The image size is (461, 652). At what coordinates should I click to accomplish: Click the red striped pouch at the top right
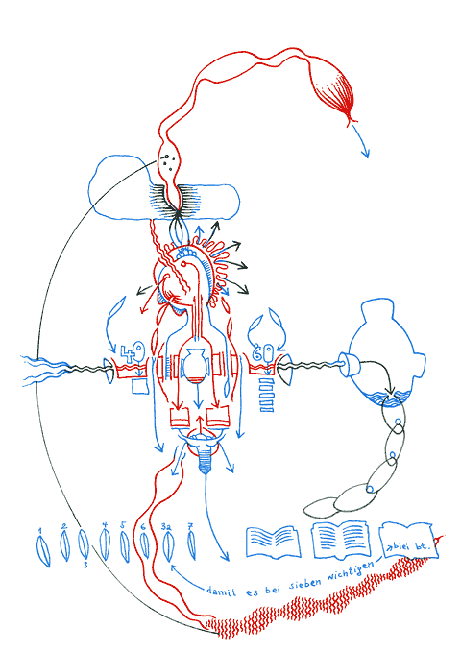pos(339,91)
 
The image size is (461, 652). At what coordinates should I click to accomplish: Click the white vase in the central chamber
pos(197,364)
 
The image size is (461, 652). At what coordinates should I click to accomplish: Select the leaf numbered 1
pos(41,551)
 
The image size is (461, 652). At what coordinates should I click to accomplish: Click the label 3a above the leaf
pos(165,527)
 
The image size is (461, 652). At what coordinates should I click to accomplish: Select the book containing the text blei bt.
pos(409,543)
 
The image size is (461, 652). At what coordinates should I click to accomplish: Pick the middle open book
pos(341,540)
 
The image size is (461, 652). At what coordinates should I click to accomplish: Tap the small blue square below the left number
pos(137,386)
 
